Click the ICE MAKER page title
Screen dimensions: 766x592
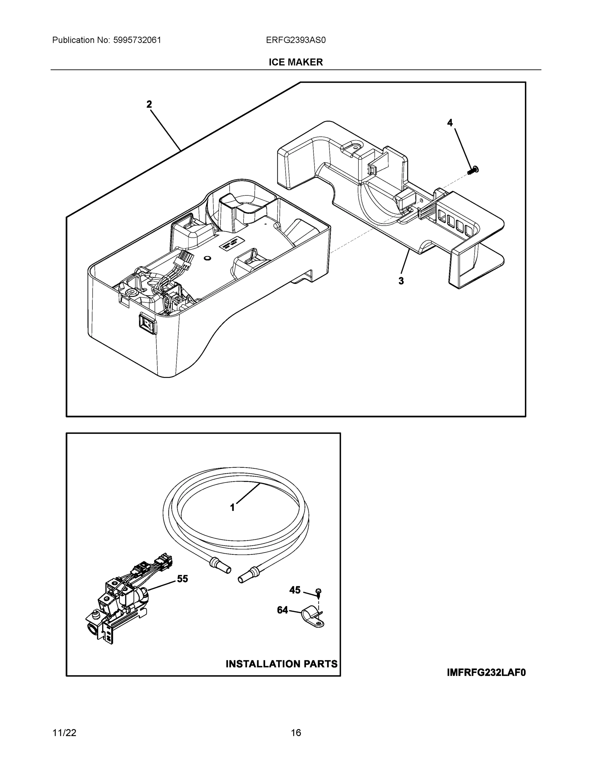[296, 62]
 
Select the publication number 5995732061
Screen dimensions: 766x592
[137, 40]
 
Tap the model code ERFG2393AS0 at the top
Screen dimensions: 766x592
[296, 40]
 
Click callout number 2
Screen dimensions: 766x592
[149, 104]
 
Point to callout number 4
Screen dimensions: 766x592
[450, 123]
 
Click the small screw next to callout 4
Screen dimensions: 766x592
[474, 170]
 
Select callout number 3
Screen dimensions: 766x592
[401, 281]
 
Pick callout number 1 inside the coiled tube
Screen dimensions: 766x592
[232, 507]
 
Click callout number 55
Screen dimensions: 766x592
[182, 579]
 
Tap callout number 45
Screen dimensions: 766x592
[295, 590]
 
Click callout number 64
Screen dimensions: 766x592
[282, 610]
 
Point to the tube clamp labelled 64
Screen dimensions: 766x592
[313, 617]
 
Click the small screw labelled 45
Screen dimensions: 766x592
[319, 593]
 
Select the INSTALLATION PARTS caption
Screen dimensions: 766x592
[281, 664]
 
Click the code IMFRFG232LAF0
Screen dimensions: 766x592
[486, 672]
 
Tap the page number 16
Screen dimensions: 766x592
[296, 733]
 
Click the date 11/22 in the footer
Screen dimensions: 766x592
[64, 733]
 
